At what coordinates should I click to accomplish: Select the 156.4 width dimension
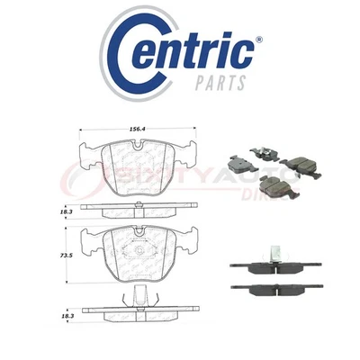pyautogui.click(x=137, y=129)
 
